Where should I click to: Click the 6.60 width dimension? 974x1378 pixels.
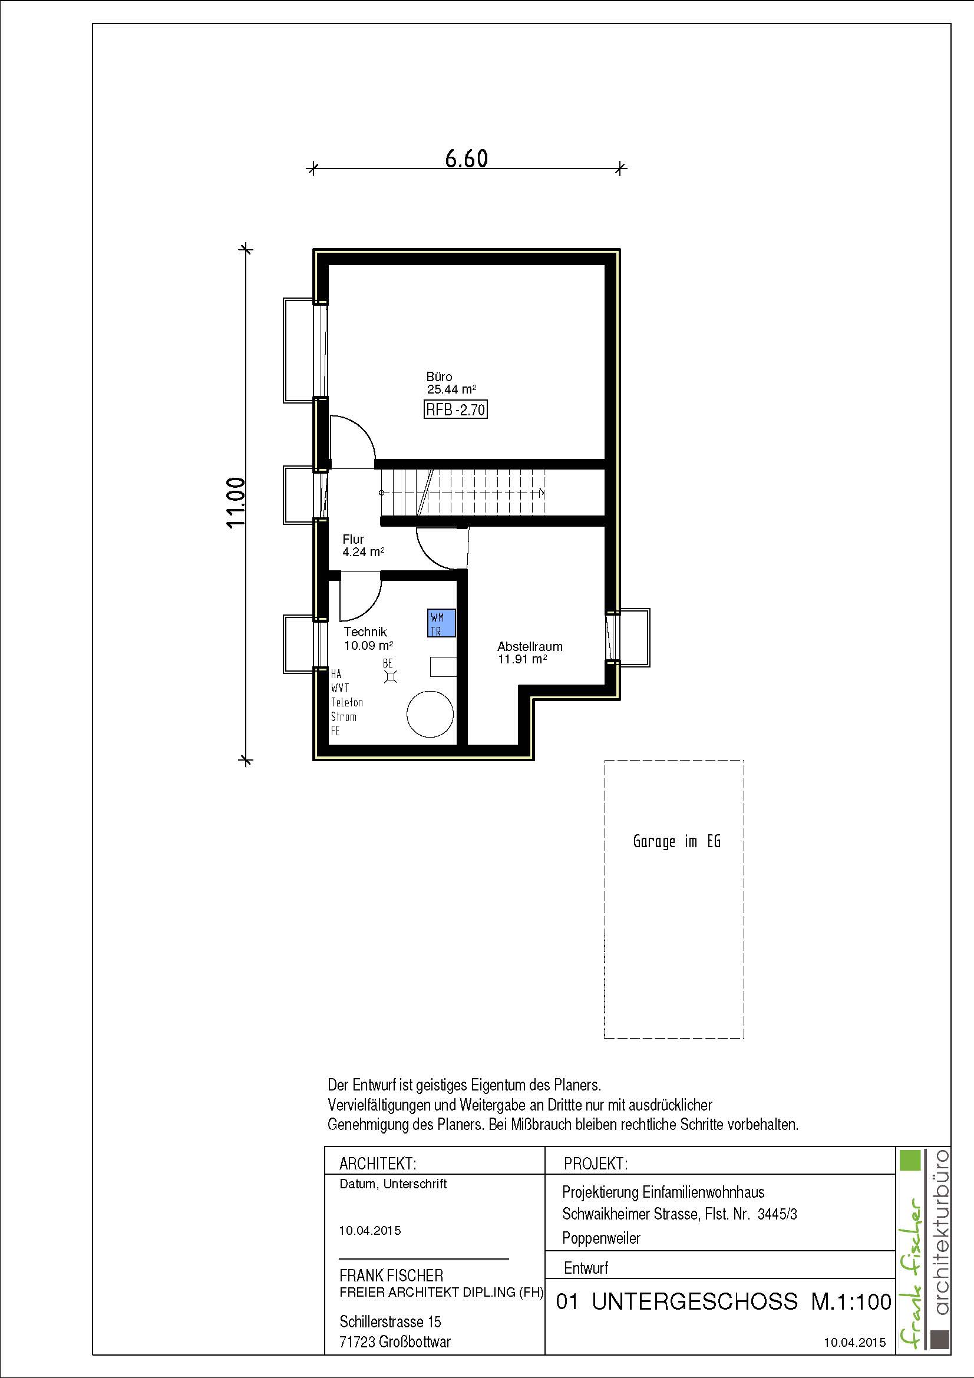(x=466, y=158)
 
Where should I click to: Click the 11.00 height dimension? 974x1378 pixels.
(x=236, y=503)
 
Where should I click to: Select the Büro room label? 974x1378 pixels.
(x=440, y=376)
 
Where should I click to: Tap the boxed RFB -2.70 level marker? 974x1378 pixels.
(x=455, y=411)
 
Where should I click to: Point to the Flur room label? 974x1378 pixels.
(x=354, y=539)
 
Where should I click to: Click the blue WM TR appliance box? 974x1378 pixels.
(x=442, y=623)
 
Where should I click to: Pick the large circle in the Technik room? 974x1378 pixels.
(x=430, y=713)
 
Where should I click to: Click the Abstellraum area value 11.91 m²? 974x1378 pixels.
(x=522, y=659)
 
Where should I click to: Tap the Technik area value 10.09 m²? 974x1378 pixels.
(x=368, y=646)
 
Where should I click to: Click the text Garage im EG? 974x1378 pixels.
(x=676, y=841)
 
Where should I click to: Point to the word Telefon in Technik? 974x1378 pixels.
(x=347, y=702)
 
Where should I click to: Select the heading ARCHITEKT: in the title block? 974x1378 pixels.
(x=378, y=1164)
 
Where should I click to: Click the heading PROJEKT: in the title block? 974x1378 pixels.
(x=596, y=1164)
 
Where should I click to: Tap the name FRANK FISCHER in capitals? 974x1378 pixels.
(x=391, y=1275)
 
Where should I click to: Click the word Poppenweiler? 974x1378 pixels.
(x=602, y=1238)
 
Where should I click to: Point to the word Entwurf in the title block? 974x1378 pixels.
(x=586, y=1268)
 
